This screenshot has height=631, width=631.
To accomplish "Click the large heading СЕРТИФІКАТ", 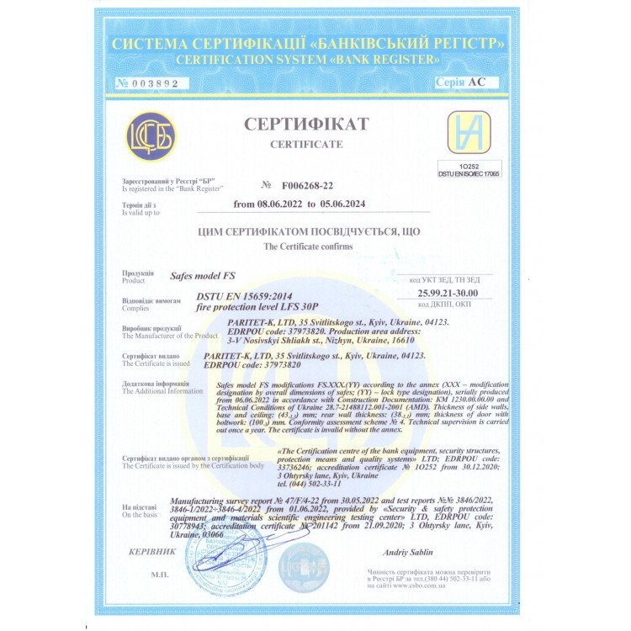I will [306, 125].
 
